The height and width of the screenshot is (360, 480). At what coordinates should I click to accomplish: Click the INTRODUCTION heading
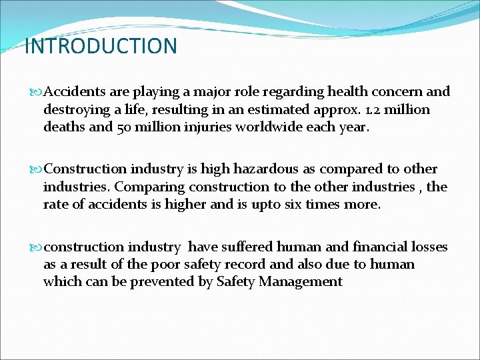click(x=101, y=47)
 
